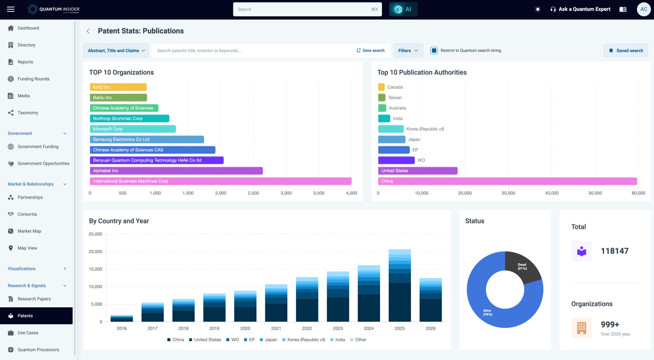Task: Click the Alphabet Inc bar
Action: click(176, 171)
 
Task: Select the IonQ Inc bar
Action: click(118, 87)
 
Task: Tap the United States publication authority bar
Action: click(418, 171)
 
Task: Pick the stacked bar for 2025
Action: click(400, 286)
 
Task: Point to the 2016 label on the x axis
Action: click(121, 329)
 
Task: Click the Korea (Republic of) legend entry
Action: click(304, 340)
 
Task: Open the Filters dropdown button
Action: click(408, 51)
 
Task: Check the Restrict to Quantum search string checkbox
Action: click(434, 51)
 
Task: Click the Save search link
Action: click(370, 51)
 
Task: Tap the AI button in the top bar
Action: click(403, 9)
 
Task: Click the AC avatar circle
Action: click(643, 9)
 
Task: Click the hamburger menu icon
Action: click(11, 9)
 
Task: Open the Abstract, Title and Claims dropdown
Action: click(116, 51)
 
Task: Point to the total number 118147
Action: click(615, 251)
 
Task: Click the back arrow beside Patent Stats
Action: click(88, 31)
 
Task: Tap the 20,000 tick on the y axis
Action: click(96, 252)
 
